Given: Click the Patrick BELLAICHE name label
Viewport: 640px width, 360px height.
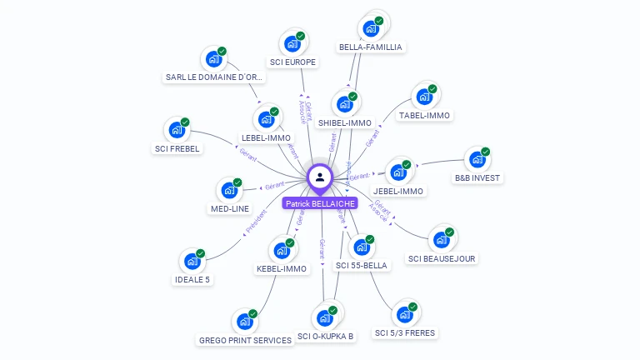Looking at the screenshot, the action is [x=320, y=203].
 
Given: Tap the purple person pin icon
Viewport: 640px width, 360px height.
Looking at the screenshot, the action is [x=320, y=177].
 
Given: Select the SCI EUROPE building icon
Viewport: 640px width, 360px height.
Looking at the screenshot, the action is [x=292, y=43].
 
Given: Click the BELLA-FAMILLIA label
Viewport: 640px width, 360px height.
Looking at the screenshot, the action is [x=372, y=47].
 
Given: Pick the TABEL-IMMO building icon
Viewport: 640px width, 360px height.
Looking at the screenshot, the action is [x=424, y=97].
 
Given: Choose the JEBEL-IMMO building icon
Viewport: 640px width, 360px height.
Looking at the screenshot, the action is [x=398, y=172].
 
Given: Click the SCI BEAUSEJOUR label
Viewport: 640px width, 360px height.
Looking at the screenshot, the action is [x=442, y=258].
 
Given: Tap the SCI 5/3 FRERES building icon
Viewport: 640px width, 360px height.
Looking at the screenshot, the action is [x=405, y=314].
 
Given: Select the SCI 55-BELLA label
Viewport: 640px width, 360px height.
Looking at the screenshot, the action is [x=361, y=265].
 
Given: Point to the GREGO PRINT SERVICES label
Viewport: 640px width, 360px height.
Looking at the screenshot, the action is [x=245, y=340].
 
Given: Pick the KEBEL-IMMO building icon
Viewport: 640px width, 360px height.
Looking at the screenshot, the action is [x=282, y=250].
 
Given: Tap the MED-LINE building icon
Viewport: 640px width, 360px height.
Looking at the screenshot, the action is [x=229, y=191].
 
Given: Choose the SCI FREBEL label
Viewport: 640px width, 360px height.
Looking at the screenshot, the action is [x=177, y=149].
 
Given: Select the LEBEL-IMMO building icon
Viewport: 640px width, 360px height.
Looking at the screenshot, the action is [x=266, y=119].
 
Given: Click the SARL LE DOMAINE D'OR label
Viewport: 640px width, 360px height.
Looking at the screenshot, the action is [x=214, y=77].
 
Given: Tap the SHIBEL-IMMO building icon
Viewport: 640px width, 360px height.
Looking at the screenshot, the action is [x=344, y=105].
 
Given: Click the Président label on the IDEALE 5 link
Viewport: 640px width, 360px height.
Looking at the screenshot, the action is [x=257, y=219].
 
